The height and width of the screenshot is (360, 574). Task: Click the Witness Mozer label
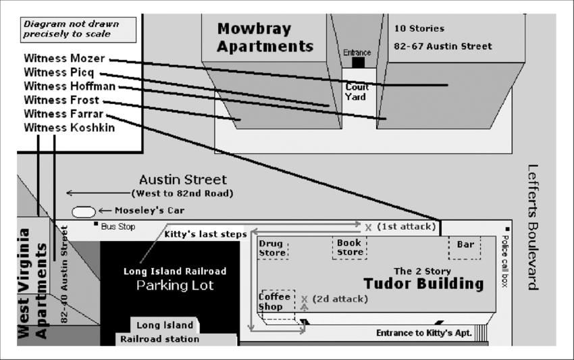click(x=64, y=59)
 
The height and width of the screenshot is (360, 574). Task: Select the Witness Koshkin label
click(x=69, y=128)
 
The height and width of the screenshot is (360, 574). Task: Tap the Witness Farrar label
click(x=63, y=114)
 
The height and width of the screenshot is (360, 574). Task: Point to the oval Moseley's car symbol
click(x=84, y=211)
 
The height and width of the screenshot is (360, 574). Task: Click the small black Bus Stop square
click(x=96, y=224)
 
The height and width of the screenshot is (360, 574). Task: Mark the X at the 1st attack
click(x=368, y=228)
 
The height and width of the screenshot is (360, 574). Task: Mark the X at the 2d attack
click(x=304, y=299)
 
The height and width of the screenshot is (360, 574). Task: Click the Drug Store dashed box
click(x=273, y=249)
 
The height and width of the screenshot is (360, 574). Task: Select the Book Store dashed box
click(x=350, y=248)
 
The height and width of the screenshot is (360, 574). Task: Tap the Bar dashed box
click(x=465, y=248)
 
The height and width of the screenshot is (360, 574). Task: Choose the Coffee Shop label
click(x=274, y=301)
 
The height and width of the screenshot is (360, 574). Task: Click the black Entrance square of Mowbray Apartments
click(x=359, y=63)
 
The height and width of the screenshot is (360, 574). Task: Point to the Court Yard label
click(x=356, y=92)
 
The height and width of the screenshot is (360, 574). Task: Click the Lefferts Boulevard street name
click(x=533, y=227)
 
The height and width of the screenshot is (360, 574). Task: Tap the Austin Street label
click(x=183, y=180)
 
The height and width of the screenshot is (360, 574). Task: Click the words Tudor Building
click(x=423, y=284)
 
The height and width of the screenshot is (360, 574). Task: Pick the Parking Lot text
click(x=175, y=285)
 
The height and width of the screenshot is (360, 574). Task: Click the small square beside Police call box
click(x=507, y=229)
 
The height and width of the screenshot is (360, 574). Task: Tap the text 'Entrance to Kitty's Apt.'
click(x=424, y=333)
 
